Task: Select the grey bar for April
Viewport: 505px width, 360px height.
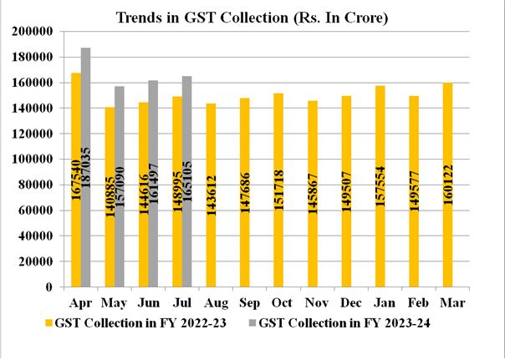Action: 86,167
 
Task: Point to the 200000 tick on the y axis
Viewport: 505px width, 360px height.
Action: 35,31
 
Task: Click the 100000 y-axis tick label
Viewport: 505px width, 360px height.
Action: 35,159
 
